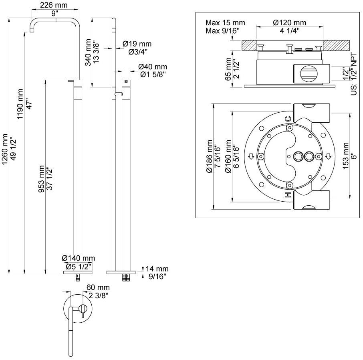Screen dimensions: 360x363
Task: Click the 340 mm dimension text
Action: click(88, 52)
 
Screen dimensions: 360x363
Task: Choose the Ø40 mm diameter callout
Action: click(153, 67)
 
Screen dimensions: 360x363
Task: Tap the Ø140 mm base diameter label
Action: click(79, 258)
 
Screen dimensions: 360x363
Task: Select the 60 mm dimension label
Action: click(98, 287)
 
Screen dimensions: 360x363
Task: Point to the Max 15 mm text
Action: click(225, 23)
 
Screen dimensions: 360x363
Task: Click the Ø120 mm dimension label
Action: click(289, 23)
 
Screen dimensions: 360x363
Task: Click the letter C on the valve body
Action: click(287, 119)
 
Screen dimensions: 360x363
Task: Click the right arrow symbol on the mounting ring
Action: click(327, 156)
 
